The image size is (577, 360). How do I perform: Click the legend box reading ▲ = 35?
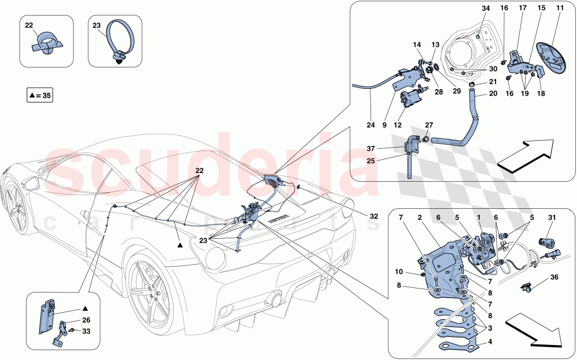(39, 94)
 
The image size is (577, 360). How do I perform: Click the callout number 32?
(374, 216)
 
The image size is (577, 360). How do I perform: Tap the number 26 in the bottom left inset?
(86, 320)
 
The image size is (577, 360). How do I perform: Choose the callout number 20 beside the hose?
(493, 93)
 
